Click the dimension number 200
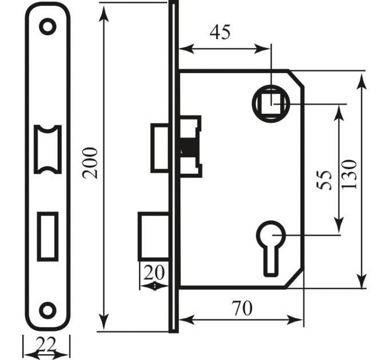[90, 163]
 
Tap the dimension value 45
[220, 32]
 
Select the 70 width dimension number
[242, 308]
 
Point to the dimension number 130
[349, 174]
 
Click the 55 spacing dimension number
[324, 180]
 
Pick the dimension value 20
[154, 273]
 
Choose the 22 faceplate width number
[46, 344]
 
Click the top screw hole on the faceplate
[47, 26]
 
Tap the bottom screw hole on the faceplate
[47, 310]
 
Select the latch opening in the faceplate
[47, 149]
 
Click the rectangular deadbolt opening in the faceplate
[47, 237]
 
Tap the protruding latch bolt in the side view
[160, 148]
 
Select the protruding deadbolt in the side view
[154, 237]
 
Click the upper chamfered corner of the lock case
[296, 78]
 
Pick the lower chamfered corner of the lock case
[294, 279]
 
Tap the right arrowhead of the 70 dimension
[295, 319]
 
